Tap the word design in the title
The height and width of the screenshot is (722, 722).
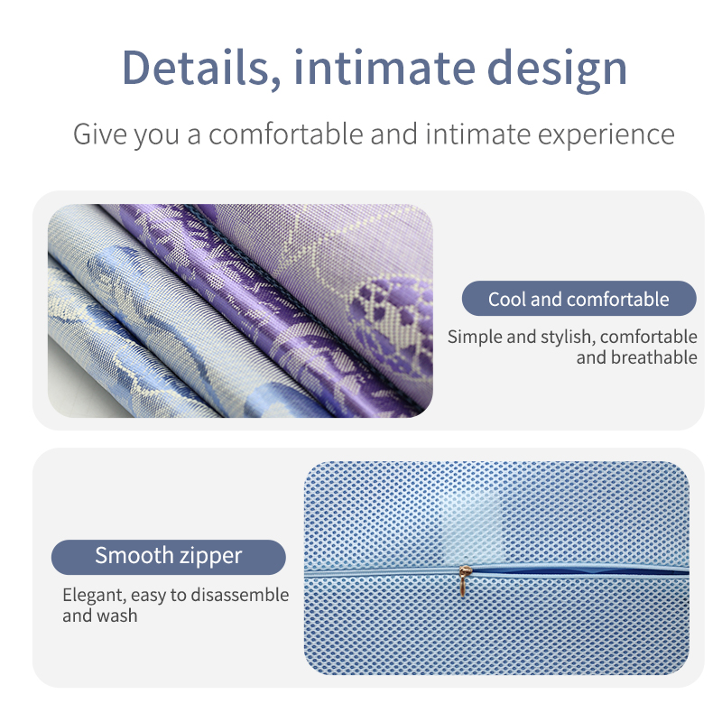[557, 70]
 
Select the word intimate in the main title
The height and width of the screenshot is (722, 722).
[384, 68]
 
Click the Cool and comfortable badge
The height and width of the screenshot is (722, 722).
[579, 299]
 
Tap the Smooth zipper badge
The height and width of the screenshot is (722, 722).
[168, 557]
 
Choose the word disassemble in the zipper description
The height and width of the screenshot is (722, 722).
[240, 595]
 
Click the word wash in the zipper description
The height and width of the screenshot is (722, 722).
[117, 616]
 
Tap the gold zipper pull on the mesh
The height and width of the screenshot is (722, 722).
[465, 581]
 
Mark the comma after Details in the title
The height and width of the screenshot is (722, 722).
[275, 82]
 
